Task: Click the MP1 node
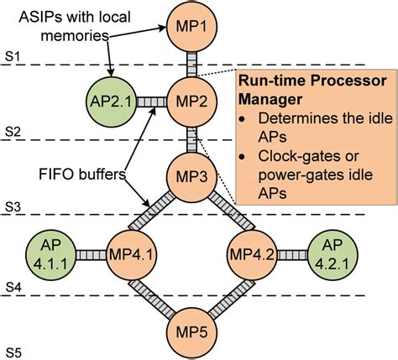pos(191,26)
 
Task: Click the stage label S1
pos(13,55)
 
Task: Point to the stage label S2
pos(13,131)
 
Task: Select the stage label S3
pos(13,206)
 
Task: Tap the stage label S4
pos(13,286)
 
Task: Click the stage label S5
pos(13,348)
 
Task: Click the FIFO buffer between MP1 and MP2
pos(191,63)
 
